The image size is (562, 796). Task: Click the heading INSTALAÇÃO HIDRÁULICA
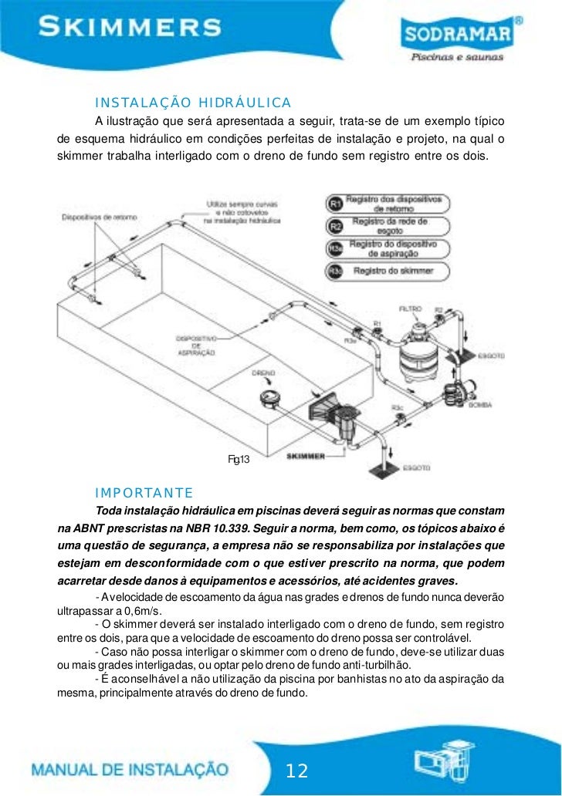pyautogui.click(x=192, y=103)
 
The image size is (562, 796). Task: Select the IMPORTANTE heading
pyautogui.click(x=144, y=493)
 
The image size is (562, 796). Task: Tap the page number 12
pyautogui.click(x=297, y=771)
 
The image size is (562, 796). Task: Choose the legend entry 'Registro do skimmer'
pyautogui.click(x=393, y=271)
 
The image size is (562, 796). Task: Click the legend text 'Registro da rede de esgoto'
pyautogui.click(x=389, y=225)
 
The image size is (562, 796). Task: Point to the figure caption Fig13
pyautogui.click(x=239, y=460)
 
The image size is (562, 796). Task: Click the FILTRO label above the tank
pyautogui.click(x=411, y=309)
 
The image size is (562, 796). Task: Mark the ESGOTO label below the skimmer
pyautogui.click(x=417, y=468)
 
